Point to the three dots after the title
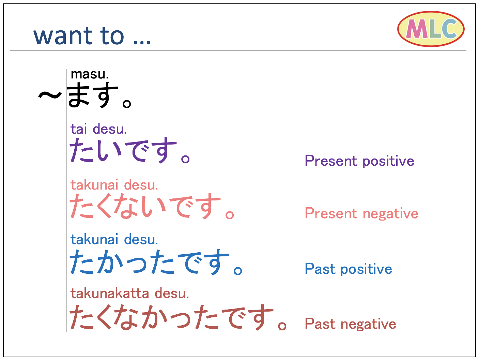(x=142, y=42)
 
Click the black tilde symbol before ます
(x=50, y=95)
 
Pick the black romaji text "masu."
(x=90, y=74)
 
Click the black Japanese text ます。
(x=99, y=95)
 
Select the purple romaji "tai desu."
(x=98, y=129)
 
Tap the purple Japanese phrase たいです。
(x=129, y=150)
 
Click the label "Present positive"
(x=359, y=161)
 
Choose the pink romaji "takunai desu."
(x=114, y=185)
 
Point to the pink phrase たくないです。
(x=152, y=206)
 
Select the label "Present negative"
(x=361, y=213)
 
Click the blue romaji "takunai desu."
(x=114, y=240)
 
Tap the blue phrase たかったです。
(x=156, y=262)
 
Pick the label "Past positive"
(x=348, y=269)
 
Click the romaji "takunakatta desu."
(x=129, y=294)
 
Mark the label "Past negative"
(x=350, y=324)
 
